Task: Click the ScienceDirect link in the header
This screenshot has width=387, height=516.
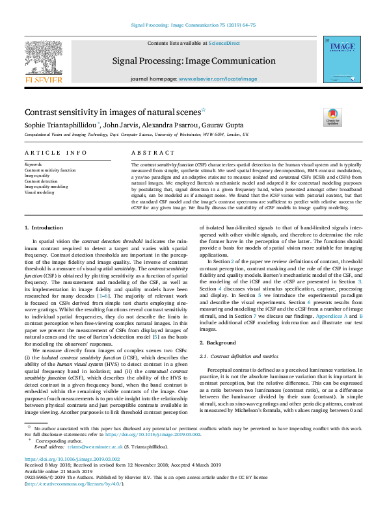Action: [x=224, y=43]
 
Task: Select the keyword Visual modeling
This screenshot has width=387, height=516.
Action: [x=40, y=192]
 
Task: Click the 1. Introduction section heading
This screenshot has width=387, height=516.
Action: [x=44, y=228]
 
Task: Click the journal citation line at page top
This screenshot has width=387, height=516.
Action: [x=193, y=27]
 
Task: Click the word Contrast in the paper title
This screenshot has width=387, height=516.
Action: [x=42, y=112]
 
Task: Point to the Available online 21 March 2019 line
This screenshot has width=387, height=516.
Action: [x=52, y=472]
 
